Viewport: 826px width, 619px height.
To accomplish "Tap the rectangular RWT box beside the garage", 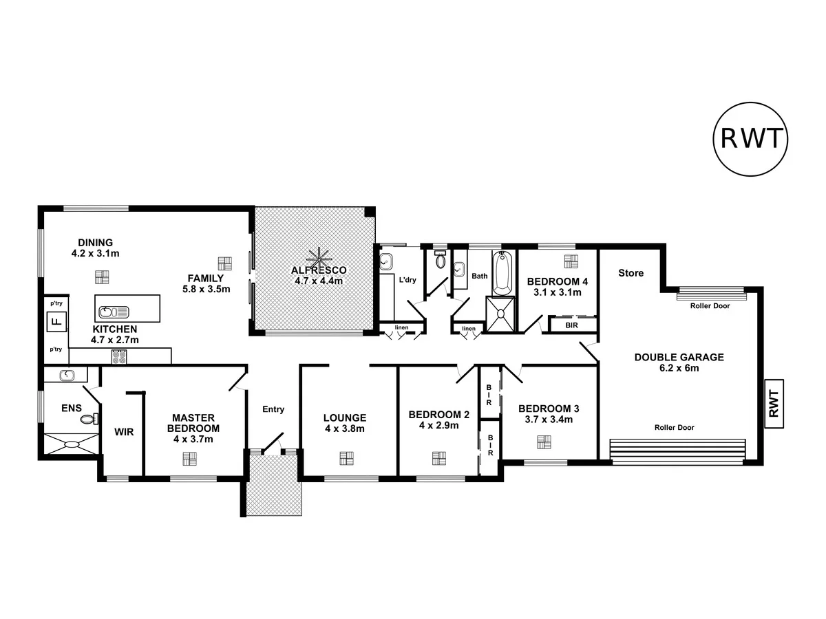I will [774, 403].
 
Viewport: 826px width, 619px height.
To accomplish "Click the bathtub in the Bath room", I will [502, 272].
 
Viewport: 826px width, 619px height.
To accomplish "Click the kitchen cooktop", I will [119, 356].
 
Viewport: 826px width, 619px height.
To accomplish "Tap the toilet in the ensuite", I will [87, 417].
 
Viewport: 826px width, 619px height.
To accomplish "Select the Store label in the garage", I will [631, 273].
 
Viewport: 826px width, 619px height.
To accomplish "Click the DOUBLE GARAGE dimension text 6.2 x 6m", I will [679, 368].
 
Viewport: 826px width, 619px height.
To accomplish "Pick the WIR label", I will [124, 433].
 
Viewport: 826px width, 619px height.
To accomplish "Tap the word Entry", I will [273, 409].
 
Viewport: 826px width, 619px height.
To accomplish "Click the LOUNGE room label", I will [344, 417].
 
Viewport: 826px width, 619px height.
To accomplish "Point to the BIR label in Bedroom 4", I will [571, 325].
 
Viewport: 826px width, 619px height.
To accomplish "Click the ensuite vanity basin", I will [66, 375].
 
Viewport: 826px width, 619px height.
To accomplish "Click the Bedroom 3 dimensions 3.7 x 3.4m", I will [545, 419].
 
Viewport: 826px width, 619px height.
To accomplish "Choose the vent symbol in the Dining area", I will [102, 277].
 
